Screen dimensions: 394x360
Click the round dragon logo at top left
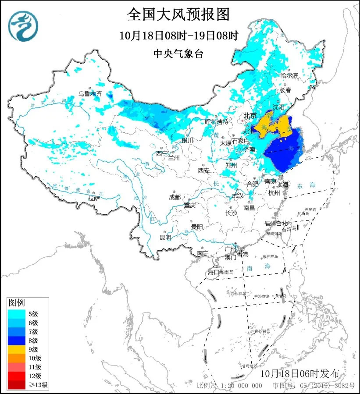[x=23, y=25]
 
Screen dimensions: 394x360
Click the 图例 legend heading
[x=17, y=303]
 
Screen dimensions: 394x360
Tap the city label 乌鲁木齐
[x=90, y=93]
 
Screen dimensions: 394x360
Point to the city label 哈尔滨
[x=289, y=75]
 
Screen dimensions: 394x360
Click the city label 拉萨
[x=93, y=199]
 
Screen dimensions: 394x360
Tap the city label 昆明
[x=165, y=238]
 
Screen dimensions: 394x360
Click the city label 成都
[x=175, y=197]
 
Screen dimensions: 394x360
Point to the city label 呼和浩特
[x=217, y=121]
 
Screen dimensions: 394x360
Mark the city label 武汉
[x=237, y=195]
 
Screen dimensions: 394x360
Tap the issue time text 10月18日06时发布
[x=299, y=373]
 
